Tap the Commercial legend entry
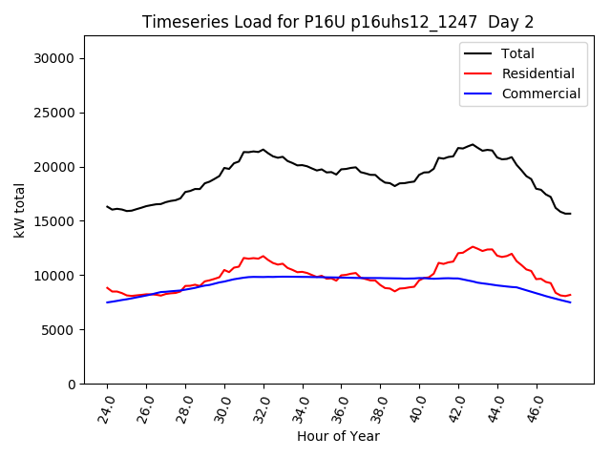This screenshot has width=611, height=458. click(540, 94)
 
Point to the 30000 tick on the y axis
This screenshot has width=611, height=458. click(54, 58)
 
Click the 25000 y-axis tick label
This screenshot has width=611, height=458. click(54, 113)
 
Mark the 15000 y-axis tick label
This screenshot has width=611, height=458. click(54, 221)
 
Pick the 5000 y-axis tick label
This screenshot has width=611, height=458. click(58, 330)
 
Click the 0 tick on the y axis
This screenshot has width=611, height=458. click(72, 384)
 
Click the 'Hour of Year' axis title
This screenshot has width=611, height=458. click(338, 436)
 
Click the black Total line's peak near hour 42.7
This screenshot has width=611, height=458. click(473, 144)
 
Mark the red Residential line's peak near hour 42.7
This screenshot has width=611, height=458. click(473, 246)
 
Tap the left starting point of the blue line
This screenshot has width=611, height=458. click(107, 302)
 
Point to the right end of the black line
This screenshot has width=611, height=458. click(570, 214)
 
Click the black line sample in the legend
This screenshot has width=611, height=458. click(478, 53)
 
